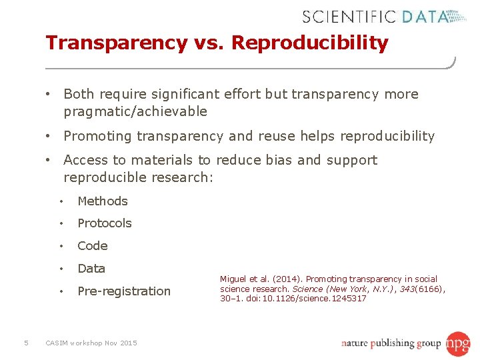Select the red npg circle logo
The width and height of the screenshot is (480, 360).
(x=458, y=343)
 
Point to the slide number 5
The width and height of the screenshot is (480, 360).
(x=25, y=343)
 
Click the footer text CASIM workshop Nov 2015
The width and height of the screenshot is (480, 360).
(x=91, y=343)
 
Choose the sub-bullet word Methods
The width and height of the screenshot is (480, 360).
(x=103, y=201)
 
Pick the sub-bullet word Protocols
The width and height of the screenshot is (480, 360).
(x=105, y=223)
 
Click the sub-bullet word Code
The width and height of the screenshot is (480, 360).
(x=93, y=246)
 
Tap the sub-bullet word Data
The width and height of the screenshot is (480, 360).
(x=91, y=269)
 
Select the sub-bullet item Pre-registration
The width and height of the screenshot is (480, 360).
(x=124, y=291)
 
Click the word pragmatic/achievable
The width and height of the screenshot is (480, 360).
(x=135, y=111)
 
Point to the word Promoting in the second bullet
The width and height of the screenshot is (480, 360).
(x=97, y=136)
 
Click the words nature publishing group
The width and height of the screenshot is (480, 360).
(x=391, y=344)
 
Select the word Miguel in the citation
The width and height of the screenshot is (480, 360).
(x=233, y=279)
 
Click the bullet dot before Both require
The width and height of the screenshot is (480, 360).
(x=49, y=94)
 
